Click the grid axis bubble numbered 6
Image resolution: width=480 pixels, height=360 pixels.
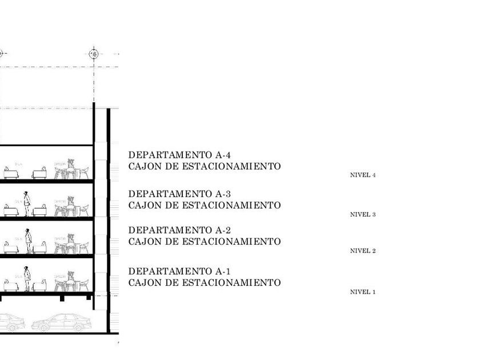[x=95, y=54]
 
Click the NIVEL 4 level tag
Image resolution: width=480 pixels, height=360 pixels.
[x=362, y=175]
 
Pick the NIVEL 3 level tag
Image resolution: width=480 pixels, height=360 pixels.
[x=362, y=215]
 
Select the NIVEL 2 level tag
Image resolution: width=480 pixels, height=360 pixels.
[x=362, y=251]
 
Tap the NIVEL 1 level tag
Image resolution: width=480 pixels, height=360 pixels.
[x=362, y=292]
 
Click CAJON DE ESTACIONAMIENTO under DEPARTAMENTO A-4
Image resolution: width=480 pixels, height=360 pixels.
[x=205, y=166]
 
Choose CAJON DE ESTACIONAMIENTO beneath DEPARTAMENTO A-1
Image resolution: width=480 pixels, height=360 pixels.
[x=205, y=282]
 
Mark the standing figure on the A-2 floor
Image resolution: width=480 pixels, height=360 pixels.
[x=27, y=242]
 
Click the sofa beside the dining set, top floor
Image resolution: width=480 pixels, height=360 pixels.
[x=39, y=174]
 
